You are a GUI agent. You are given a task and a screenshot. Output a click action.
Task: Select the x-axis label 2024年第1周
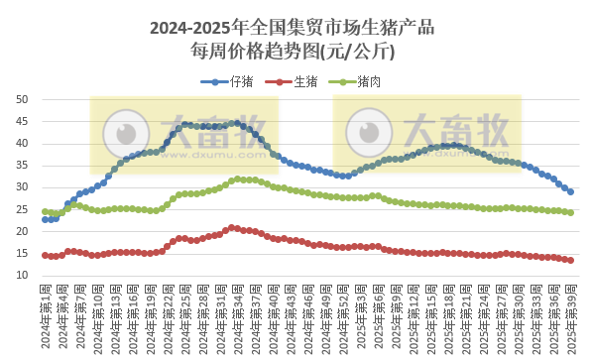click(46, 315)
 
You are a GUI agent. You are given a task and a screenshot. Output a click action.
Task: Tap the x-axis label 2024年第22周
click(170, 315)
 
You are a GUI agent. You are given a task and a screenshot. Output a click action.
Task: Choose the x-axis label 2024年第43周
click(294, 315)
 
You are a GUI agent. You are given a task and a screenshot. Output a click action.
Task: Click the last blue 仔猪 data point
click(570, 191)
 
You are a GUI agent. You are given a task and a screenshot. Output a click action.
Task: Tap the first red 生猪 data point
click(45, 255)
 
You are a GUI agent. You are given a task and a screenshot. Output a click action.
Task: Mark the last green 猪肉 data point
click(570, 212)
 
